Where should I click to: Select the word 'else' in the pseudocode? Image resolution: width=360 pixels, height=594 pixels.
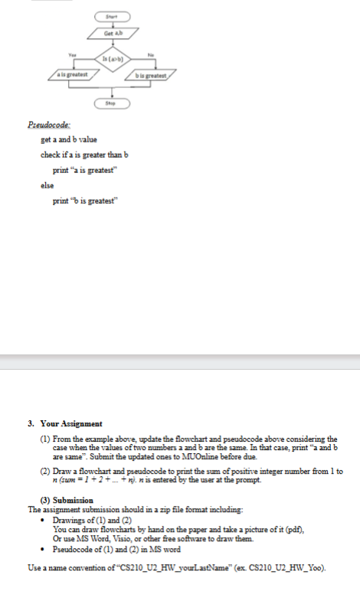[47, 184]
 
